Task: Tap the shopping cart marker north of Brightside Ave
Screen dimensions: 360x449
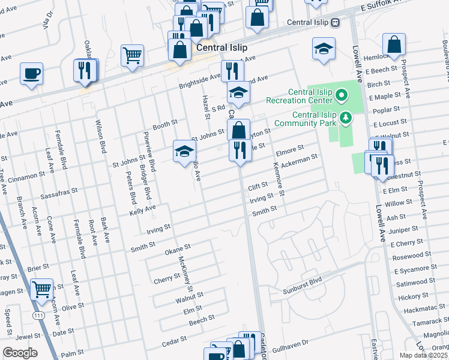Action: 132,56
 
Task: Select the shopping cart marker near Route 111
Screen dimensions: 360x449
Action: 42,290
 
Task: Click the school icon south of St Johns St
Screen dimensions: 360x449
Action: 185,151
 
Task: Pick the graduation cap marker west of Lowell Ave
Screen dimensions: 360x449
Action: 324,49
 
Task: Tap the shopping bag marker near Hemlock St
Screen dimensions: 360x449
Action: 394,44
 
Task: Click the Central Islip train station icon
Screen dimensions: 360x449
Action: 336,22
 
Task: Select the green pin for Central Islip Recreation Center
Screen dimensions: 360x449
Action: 342,95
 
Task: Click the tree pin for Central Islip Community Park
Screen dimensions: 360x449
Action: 345,117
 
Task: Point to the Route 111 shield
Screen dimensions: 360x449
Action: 37,314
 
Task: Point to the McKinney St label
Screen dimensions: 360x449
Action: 185,273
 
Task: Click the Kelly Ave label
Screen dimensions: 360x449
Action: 143,209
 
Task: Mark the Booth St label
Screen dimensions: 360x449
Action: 165,125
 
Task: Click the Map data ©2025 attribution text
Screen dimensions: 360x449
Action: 423,355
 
